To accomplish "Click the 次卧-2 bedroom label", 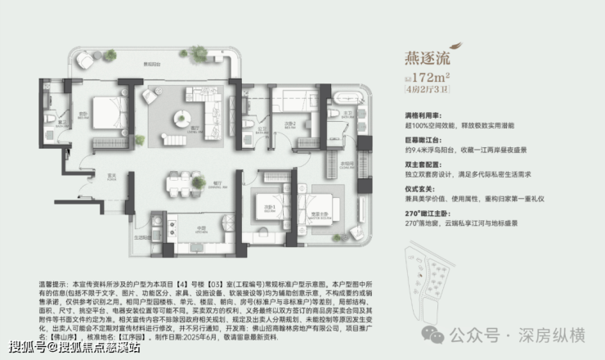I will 289,124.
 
